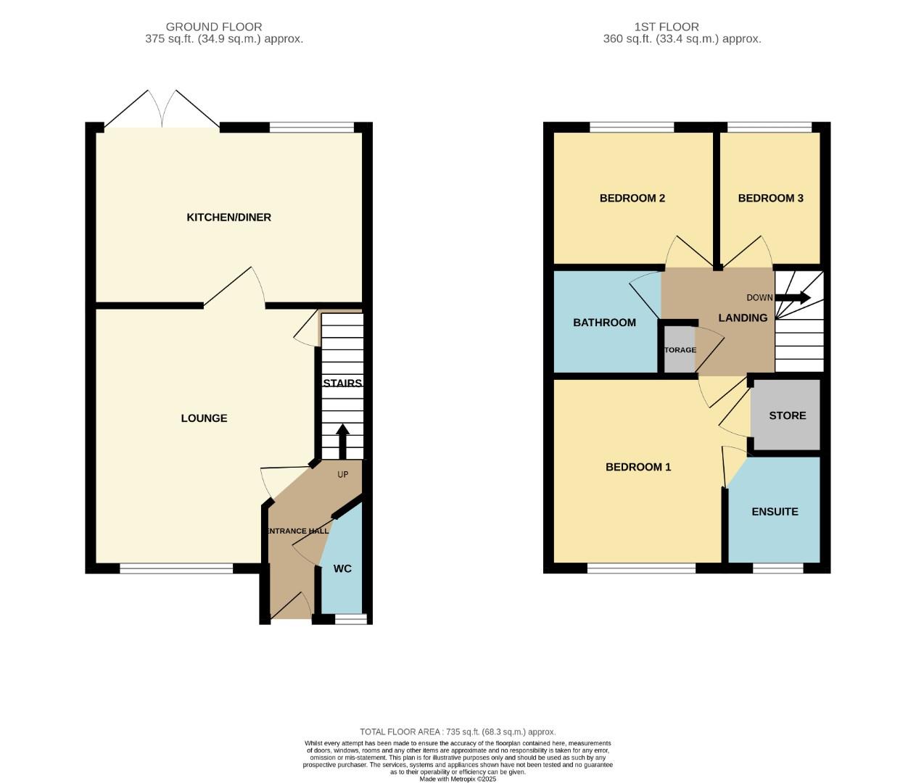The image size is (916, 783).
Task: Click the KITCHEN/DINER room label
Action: [228, 217]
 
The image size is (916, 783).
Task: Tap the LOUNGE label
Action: [204, 418]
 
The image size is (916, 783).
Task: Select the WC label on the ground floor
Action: [342, 568]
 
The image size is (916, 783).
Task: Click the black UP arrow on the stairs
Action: [342, 441]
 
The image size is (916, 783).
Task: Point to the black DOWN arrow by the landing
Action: [793, 297]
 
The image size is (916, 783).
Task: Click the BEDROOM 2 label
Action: [632, 198]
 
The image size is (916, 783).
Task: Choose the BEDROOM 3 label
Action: [770, 198]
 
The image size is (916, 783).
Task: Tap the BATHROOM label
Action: [604, 323]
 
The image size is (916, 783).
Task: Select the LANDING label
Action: [743, 318]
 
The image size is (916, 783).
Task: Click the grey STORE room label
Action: [787, 415]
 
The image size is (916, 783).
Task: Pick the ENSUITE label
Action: [775, 511]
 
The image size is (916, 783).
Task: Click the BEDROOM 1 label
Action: [638, 467]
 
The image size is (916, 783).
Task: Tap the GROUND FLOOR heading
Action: [214, 27]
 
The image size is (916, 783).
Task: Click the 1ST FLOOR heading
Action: [682, 27]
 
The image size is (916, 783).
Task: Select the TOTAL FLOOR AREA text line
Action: [458, 732]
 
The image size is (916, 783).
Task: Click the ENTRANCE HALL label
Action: [298, 531]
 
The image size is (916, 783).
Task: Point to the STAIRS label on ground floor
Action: [342, 383]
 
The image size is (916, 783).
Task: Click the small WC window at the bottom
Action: [351, 618]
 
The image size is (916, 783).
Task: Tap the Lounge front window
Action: [176, 568]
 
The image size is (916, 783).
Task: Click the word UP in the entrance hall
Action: [343, 475]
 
